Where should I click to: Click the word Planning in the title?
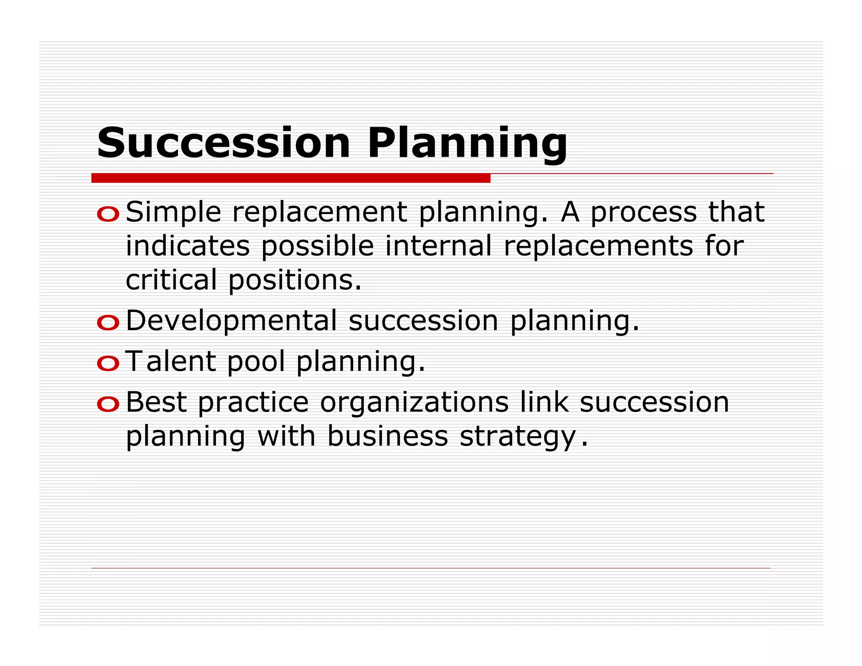[x=467, y=144]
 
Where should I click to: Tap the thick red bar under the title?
[x=290, y=178]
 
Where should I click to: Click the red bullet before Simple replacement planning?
[x=108, y=214]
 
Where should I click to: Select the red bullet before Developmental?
[x=108, y=323]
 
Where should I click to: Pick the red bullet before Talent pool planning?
[x=108, y=363]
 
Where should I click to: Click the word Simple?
[x=173, y=213]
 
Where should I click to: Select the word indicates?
[x=188, y=246]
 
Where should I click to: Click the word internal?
[x=438, y=246]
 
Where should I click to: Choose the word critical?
[x=171, y=280]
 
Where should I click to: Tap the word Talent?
[x=171, y=361]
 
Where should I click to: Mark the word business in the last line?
[x=387, y=436]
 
